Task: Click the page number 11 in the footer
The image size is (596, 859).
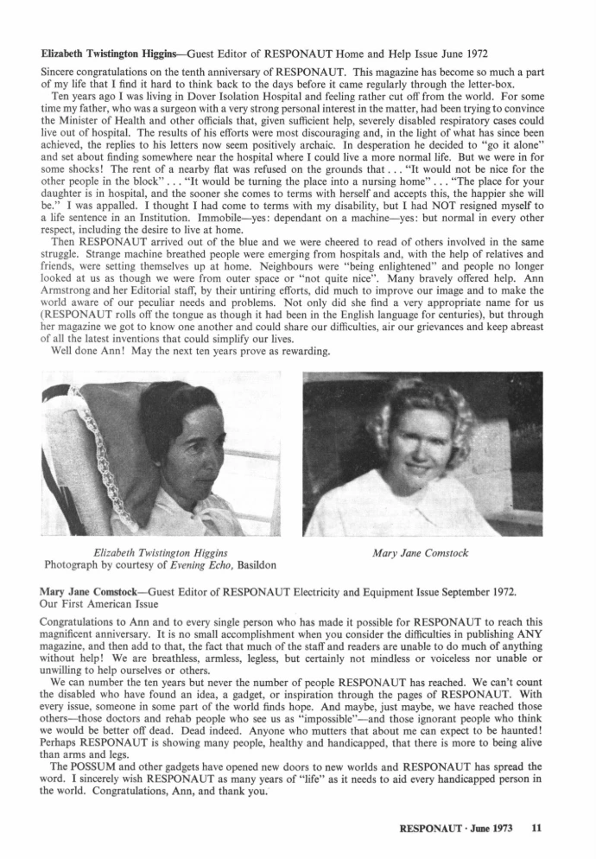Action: tap(536, 827)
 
